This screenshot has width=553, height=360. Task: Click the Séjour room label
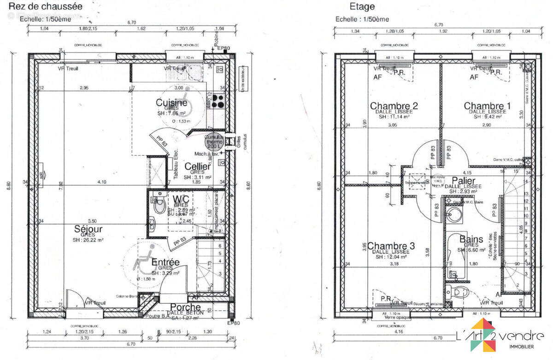tap(88, 229)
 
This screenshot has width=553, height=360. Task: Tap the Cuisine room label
tap(171, 103)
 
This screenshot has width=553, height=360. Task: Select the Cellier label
tap(198, 166)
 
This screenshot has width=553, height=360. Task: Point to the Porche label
tap(186, 307)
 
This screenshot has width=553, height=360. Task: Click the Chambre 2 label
tap(394, 106)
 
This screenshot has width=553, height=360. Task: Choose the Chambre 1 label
tap(487, 106)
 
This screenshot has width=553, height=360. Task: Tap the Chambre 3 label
tap(391, 246)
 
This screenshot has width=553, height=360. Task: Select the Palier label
tap(464, 180)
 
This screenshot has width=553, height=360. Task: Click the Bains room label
tap(471, 239)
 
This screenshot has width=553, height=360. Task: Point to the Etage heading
tap(362, 6)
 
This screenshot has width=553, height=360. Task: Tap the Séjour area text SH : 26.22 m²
tap(88, 240)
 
